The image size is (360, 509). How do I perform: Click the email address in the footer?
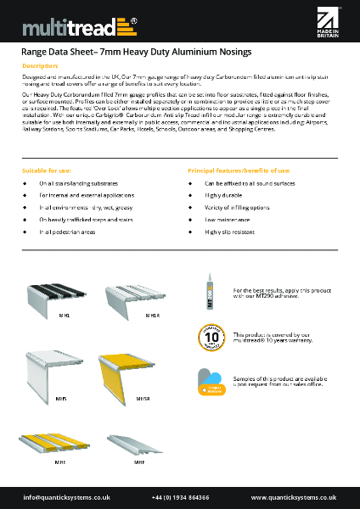tap(61, 497)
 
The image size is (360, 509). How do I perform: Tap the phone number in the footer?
tap(180, 497)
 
